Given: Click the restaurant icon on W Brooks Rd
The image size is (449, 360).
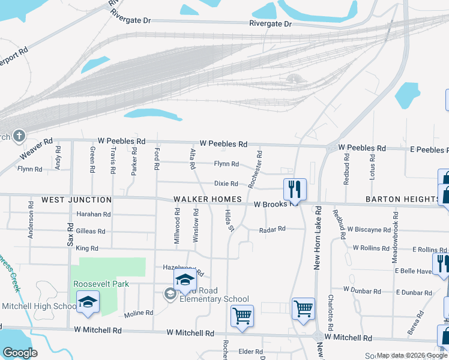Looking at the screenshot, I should coord(295,189).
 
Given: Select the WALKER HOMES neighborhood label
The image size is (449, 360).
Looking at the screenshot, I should coord(208,199).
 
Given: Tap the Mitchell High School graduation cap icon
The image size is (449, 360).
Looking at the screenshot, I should coord(88,302).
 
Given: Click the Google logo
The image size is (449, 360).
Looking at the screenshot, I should coord(20,353).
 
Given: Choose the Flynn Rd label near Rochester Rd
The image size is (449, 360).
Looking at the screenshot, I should coord(226,164).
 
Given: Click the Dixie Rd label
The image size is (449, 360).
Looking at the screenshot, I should coord(226,184).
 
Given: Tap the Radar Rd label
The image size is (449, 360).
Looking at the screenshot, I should coord(273,229).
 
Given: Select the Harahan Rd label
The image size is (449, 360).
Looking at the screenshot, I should coord(94,214).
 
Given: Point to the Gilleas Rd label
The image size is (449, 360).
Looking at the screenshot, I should coord(91,231).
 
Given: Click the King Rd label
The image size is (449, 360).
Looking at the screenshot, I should coord(86,248).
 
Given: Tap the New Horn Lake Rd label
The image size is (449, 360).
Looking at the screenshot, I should coord(318,238).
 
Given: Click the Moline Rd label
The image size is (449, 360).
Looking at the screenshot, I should coord(139,313).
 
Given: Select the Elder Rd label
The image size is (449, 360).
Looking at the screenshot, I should coord(250,352).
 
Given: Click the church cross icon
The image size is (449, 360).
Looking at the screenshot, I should coord(19,136).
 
